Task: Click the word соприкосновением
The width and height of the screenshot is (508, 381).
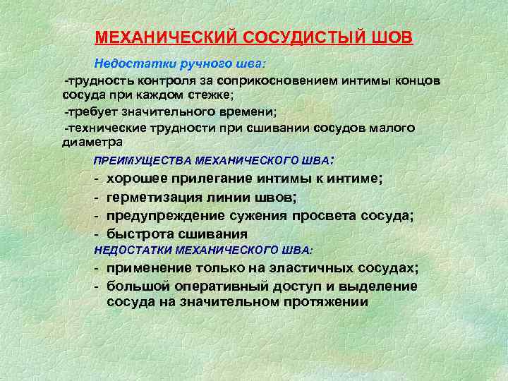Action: [x=273, y=81]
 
